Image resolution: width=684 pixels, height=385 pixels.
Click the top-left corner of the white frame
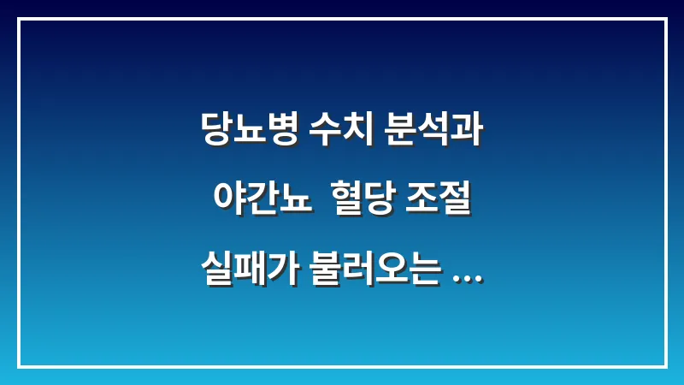(19, 19)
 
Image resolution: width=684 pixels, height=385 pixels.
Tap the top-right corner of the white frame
(665, 19)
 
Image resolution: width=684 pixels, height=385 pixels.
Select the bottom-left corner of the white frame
(19, 366)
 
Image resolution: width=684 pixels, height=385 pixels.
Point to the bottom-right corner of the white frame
(665, 366)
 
